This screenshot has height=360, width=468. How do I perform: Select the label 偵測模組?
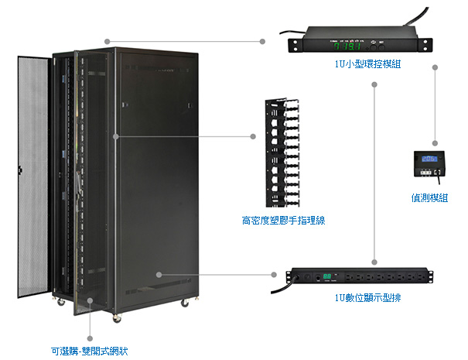coord(429,197)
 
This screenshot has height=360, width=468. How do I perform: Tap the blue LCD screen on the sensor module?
coord(425,156)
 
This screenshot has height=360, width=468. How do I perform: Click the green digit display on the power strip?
coord(328,276)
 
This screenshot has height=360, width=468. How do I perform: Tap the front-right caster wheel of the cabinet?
coord(117,315)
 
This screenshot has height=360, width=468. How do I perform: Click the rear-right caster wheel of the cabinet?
coord(185,301)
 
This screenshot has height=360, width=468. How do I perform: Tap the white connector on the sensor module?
coord(439,172)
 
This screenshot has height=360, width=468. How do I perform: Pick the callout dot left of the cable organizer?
coord(253,136)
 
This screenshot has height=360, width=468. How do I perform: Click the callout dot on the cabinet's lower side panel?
coord(158,274)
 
